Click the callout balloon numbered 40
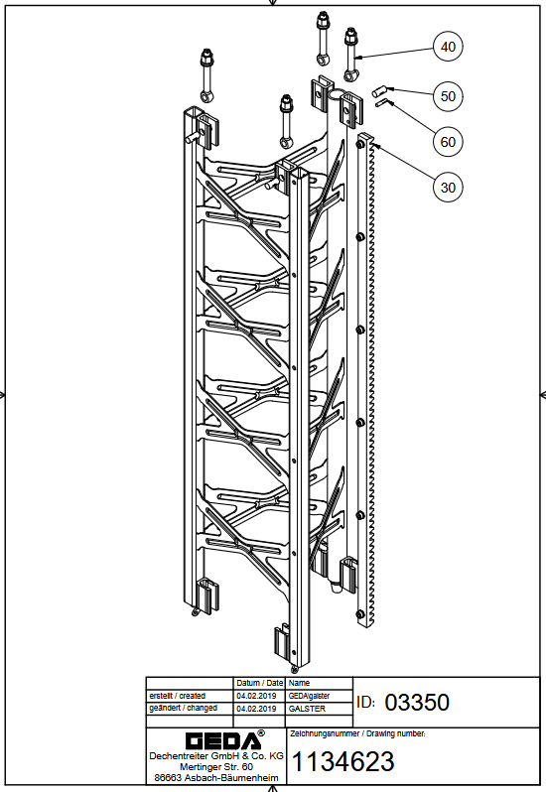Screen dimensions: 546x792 coord(448,47)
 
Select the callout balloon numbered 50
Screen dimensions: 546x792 coord(448,96)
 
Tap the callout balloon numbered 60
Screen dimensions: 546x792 coord(448,141)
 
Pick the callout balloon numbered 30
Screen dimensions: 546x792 coord(448,188)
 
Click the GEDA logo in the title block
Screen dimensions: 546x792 coord(224,739)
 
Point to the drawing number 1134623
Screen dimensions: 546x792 coord(342,761)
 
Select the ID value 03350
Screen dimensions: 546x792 coord(417,702)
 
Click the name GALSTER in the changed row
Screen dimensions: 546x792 coord(307,709)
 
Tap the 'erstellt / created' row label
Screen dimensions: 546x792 coord(178,696)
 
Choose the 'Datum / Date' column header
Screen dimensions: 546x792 coord(260,683)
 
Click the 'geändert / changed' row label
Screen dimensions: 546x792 coord(184,709)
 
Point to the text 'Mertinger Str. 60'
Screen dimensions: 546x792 coord(216,767)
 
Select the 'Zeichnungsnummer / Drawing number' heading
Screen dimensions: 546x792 coord(357,733)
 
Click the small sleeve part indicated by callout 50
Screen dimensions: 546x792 coord(379,91)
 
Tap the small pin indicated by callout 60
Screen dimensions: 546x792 coord(380,103)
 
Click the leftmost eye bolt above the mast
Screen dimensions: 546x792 coord(206,75)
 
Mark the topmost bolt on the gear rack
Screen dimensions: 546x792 coord(359,145)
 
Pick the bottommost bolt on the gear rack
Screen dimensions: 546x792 coord(359,614)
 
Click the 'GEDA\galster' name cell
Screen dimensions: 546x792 coord(309,696)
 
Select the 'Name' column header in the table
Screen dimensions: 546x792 coord(299,683)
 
